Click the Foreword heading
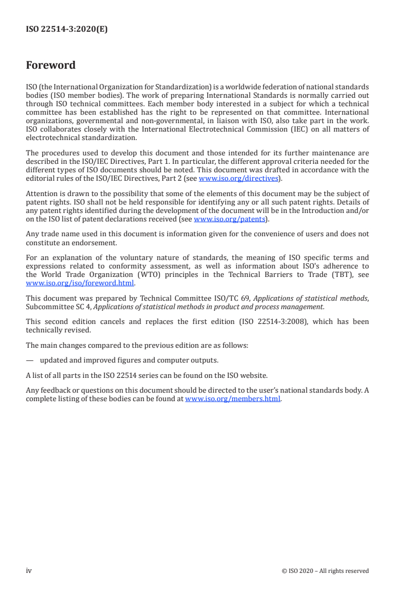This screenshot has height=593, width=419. click(51, 66)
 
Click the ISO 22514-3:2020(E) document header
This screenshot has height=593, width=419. click(67, 30)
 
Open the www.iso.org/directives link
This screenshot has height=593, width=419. click(238, 178)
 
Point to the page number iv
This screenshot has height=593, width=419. click(29, 571)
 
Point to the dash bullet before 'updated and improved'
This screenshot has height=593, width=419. click(30, 360)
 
